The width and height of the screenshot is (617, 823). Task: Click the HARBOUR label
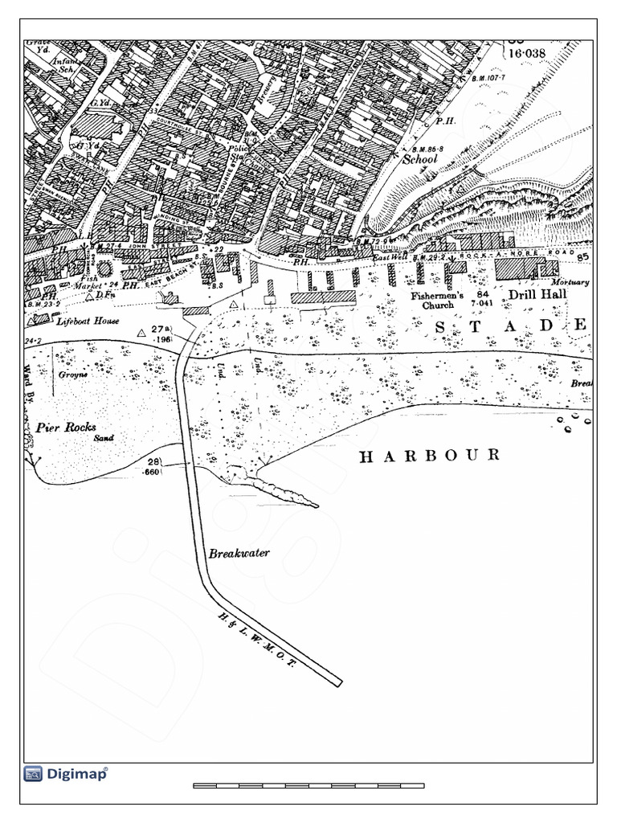(429, 456)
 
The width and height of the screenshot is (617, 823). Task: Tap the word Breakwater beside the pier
(239, 553)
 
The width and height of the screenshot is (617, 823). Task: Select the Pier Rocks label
(66, 427)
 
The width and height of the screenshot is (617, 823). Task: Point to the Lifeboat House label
(88, 321)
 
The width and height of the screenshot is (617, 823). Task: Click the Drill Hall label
(537, 294)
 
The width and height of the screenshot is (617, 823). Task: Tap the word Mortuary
(570, 283)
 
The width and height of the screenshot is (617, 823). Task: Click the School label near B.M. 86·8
(419, 159)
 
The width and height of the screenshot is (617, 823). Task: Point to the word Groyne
(71, 375)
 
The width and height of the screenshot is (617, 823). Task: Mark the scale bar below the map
(308, 785)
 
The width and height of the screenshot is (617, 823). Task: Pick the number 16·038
(527, 53)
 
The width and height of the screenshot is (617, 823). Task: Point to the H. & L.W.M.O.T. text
(259, 639)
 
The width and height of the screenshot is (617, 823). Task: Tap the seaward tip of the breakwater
(337, 683)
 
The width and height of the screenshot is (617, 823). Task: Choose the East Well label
(390, 256)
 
